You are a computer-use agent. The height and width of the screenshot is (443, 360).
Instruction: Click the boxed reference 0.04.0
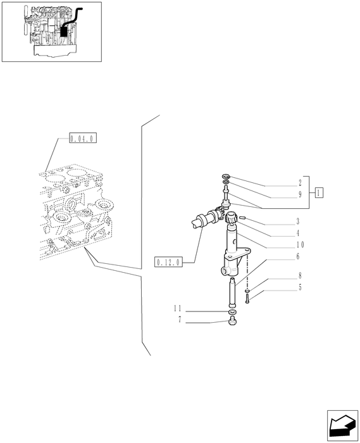click(x=83, y=138)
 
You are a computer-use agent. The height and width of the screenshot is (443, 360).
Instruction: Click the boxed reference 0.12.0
click(x=168, y=262)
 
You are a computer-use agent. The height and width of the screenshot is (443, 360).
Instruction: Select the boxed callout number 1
click(x=319, y=192)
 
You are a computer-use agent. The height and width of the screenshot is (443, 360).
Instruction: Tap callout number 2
click(x=300, y=183)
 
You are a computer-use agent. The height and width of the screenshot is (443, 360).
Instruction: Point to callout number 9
click(x=300, y=194)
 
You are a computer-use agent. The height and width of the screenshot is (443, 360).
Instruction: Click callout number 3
click(x=298, y=221)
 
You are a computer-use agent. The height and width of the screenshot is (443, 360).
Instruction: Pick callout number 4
click(x=298, y=233)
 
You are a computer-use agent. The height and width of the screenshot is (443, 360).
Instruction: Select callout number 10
click(x=300, y=244)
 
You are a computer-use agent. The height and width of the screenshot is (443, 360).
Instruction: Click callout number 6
click(x=298, y=256)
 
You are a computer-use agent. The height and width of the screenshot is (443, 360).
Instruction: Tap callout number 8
click(x=300, y=275)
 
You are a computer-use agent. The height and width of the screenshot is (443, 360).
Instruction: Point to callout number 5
click(x=300, y=287)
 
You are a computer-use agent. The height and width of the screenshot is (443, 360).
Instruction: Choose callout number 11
click(x=178, y=308)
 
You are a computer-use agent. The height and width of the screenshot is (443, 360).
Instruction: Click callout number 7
click(x=180, y=320)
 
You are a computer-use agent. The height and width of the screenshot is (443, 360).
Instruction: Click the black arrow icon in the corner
click(x=342, y=425)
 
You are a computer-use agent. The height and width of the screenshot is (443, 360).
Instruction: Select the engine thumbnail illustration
click(x=52, y=32)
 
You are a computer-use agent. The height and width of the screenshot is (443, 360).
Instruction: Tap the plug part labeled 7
click(x=232, y=322)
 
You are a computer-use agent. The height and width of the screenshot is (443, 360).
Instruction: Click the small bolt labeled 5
click(x=247, y=299)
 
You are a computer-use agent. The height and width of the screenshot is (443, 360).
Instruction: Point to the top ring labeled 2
click(x=226, y=177)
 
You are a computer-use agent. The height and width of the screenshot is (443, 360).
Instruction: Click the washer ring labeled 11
click(x=232, y=312)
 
